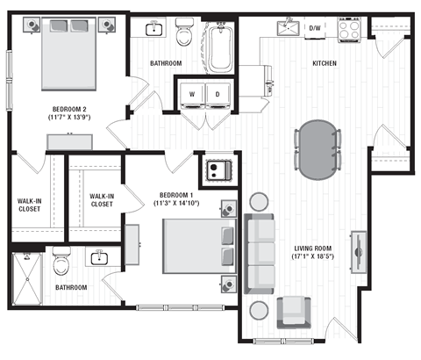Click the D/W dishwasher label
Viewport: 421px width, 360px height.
pyautogui.click(x=315, y=28)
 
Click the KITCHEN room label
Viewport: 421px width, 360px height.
pyautogui.click(x=328, y=63)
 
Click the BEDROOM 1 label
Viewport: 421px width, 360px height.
pyautogui.click(x=179, y=195)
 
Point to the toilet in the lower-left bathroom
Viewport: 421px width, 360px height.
pyautogui.click(x=61, y=263)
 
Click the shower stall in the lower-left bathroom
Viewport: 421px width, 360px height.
pyautogui.click(x=26, y=279)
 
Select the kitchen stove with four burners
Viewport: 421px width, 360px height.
pyautogui.click(x=350, y=28)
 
